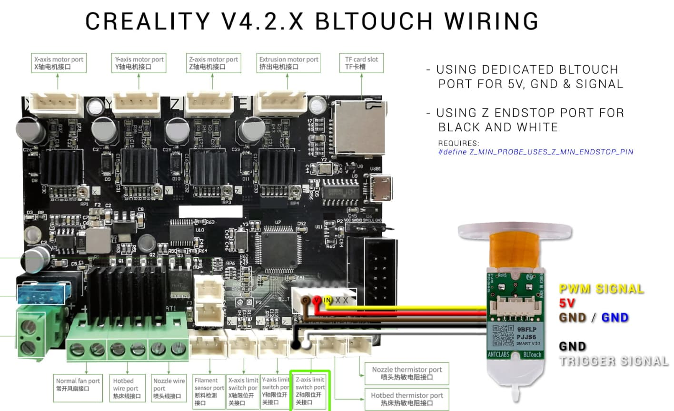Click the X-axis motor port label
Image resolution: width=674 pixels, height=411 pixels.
tap(59, 63)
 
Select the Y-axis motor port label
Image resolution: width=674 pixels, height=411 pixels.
tap(139, 63)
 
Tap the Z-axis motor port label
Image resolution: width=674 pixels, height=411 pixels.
tap(213, 63)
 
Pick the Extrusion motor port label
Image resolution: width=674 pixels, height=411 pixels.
tap(288, 63)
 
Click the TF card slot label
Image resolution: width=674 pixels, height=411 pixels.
tap(361, 63)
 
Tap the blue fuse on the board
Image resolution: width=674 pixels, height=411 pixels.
tap(40, 295)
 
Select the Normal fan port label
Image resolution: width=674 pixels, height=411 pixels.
tap(78, 384)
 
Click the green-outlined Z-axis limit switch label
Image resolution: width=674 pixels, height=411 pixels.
tap(310, 391)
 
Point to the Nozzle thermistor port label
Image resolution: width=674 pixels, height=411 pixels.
tap(406, 373)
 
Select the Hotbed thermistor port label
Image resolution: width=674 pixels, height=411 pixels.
tap(406, 399)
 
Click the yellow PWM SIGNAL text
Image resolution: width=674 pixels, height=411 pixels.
tap(601, 289)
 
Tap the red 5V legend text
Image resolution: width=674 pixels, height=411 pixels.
tap(567, 303)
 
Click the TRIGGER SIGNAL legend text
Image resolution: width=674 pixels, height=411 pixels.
tap(614, 361)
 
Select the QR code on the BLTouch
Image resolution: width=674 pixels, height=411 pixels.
tap(503, 335)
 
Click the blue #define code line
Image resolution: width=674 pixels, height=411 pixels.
tap(535, 152)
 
